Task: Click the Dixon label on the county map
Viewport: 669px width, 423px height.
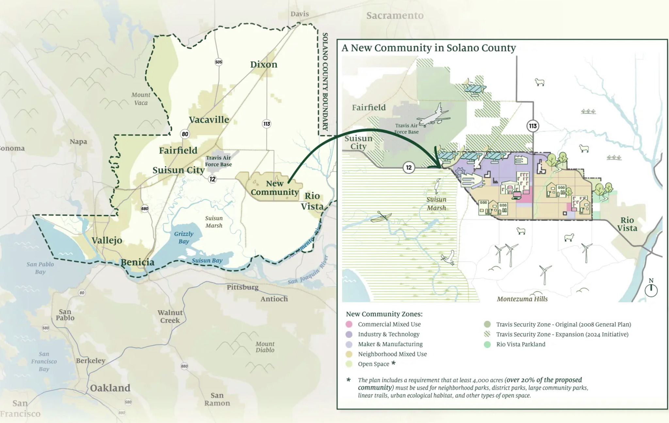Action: click(x=264, y=64)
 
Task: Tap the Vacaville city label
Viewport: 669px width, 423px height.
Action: click(x=209, y=120)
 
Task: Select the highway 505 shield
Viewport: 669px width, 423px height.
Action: click(x=219, y=62)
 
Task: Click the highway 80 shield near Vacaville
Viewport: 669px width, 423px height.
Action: click(x=185, y=134)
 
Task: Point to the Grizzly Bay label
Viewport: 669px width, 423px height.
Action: click(x=184, y=238)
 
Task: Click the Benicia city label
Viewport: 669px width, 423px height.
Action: click(x=137, y=262)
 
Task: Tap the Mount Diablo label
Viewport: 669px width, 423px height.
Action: click(x=265, y=347)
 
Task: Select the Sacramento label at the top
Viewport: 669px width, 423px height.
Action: click(x=395, y=15)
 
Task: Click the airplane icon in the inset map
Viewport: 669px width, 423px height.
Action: click(x=433, y=115)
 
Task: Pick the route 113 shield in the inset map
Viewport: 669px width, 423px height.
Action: click(x=533, y=126)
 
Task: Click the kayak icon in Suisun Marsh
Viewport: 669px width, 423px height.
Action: click(x=381, y=217)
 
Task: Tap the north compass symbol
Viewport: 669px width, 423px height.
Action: click(x=651, y=289)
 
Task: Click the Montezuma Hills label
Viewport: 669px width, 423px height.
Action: click(x=522, y=299)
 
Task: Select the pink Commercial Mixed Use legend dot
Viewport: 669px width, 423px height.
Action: click(x=349, y=324)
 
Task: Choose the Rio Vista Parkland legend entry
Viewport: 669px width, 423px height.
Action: click(x=520, y=344)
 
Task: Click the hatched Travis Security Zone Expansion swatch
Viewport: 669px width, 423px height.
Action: click(x=487, y=334)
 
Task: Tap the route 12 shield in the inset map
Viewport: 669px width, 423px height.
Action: click(x=409, y=168)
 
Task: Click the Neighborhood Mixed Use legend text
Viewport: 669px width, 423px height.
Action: click(x=392, y=354)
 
